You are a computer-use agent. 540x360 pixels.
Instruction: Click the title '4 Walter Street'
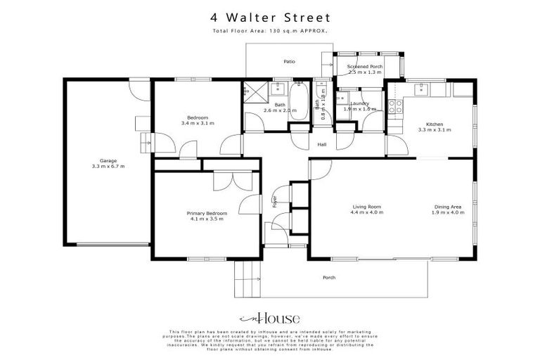(270, 17)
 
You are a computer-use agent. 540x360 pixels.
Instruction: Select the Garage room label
(108, 161)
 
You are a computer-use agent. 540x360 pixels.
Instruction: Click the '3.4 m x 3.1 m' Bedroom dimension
(198, 123)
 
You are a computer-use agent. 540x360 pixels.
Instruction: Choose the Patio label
(289, 62)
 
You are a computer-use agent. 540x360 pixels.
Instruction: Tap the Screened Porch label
(365, 66)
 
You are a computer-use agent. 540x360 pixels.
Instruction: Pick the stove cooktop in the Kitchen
(395, 106)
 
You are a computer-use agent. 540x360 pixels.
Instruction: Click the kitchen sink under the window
(424, 89)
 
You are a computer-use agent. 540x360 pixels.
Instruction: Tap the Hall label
(322, 144)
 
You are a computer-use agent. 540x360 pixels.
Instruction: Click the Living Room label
(368, 206)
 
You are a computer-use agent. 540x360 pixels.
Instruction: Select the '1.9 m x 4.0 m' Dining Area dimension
(449, 212)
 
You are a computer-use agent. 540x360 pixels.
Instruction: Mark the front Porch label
(328, 278)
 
